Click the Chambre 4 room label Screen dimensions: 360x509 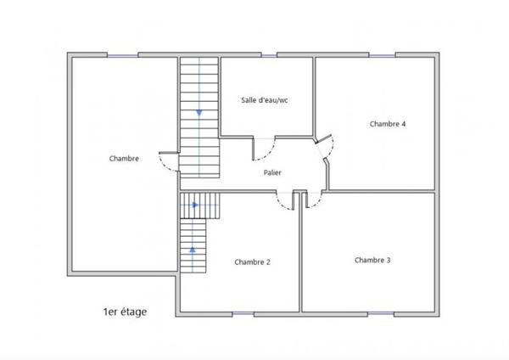pos(388,124)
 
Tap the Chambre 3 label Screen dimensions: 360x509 pos(372,260)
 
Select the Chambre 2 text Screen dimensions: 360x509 pos(252,262)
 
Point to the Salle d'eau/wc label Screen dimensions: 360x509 pos(264,100)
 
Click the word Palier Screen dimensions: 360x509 pos(272,172)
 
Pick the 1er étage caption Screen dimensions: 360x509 pos(125,312)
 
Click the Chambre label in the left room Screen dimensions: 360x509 pos(124,158)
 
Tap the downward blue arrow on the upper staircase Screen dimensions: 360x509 pos(199,111)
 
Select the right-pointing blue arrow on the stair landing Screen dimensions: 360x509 pos(195,205)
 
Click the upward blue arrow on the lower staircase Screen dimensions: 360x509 pos(193,250)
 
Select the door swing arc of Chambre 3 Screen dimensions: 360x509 pos(313,202)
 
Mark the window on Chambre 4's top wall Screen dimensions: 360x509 pos(382,56)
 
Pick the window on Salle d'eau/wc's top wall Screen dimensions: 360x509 pos(268,56)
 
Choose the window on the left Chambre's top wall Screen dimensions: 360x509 pos(123,56)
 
